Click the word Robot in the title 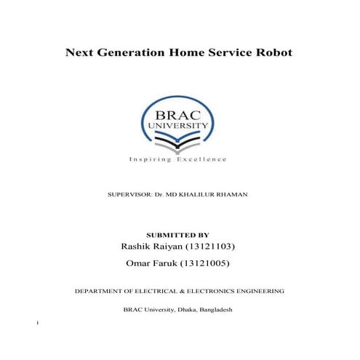point(272,52)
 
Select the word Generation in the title point(128,52)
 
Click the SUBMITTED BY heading point(178,235)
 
